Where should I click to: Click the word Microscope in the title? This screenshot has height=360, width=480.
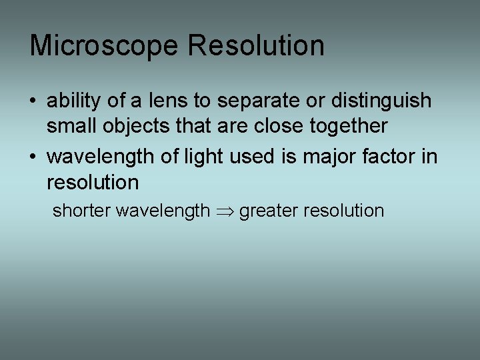[104, 46]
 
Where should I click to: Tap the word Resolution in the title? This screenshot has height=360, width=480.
[257, 46]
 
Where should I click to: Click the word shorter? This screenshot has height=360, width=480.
[81, 211]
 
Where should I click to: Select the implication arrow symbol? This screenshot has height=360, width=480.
[224, 212]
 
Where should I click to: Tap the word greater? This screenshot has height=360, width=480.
[268, 211]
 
